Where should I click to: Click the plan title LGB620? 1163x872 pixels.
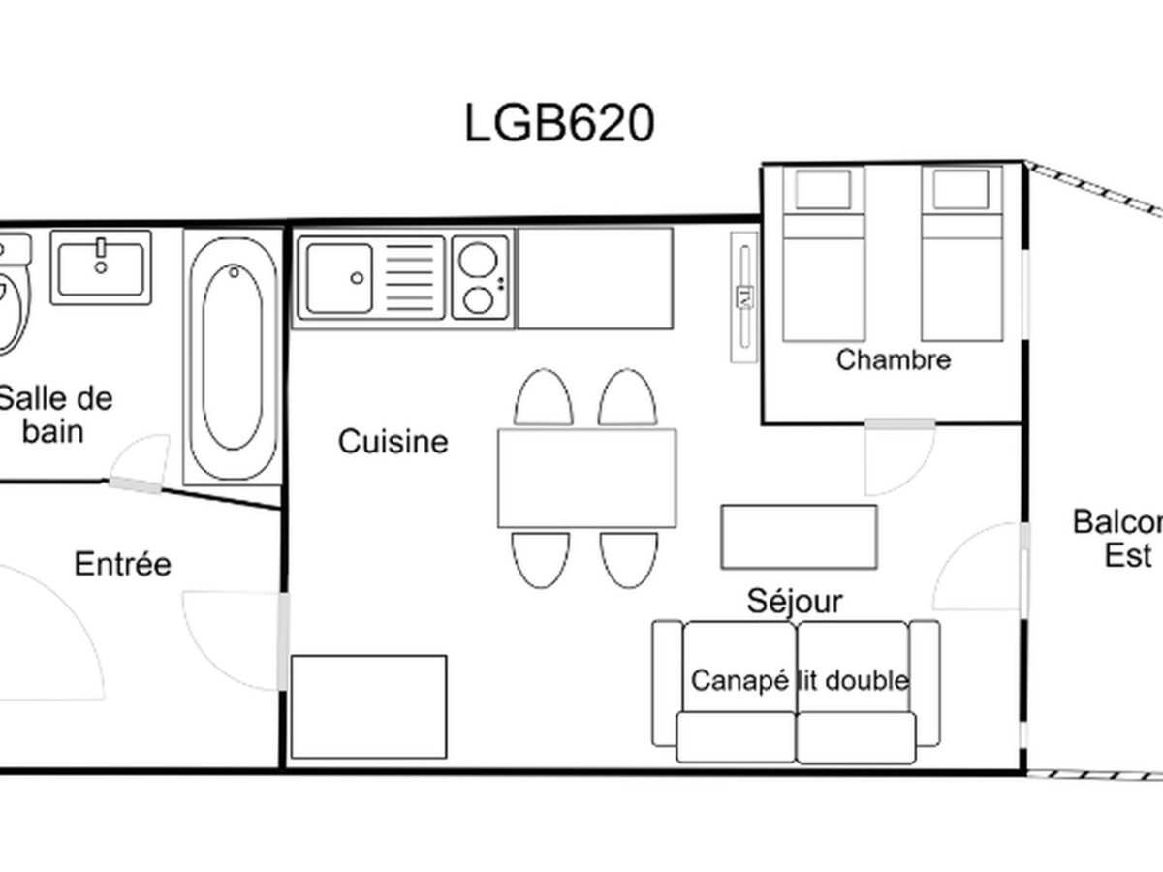tap(559, 123)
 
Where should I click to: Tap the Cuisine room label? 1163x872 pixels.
tap(393, 442)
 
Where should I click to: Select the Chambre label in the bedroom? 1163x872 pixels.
tap(894, 360)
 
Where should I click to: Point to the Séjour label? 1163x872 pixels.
tap(794, 602)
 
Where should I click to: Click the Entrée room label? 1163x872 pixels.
tap(122, 564)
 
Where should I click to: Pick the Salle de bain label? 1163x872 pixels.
tap(55, 416)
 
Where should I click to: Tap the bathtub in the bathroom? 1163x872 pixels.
tap(234, 358)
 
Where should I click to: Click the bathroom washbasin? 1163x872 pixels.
tap(101, 267)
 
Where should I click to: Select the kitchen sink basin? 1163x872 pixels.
tap(339, 278)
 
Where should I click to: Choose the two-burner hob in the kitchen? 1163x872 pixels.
tap(481, 278)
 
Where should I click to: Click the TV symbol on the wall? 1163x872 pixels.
tap(744, 297)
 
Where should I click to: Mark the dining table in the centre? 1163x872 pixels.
tap(587, 479)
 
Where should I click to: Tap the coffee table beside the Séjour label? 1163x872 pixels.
tap(799, 537)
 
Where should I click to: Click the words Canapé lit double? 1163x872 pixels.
tap(801, 681)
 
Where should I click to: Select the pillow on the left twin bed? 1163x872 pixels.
tap(823, 190)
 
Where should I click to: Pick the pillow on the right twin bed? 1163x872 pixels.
tap(960, 190)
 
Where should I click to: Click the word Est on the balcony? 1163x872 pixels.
tap(1127, 556)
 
